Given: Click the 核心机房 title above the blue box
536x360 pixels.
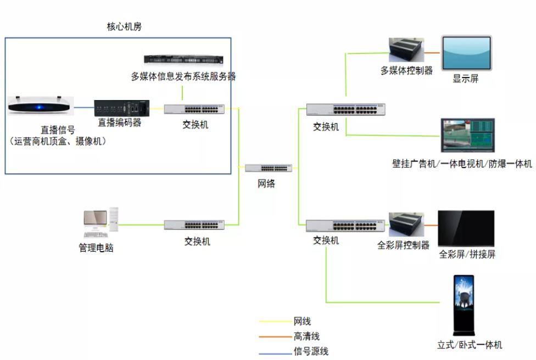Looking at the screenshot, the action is (x=124, y=27).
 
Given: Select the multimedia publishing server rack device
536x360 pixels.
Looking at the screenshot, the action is (x=183, y=59).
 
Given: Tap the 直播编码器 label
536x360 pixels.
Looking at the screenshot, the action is (x=120, y=123).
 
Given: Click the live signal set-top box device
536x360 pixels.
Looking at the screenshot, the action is (x=41, y=105).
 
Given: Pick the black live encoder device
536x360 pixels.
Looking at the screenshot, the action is (x=122, y=108).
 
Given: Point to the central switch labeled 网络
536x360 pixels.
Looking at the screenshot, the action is (x=269, y=168).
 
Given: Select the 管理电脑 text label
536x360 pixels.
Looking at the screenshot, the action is (x=96, y=248).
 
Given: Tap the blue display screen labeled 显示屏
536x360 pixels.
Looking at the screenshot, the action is (x=467, y=53).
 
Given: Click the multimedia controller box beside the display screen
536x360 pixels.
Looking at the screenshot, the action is (x=406, y=50).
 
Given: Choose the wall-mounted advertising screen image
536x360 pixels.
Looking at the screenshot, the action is (x=468, y=135).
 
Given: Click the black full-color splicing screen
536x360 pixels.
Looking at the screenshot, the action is (x=466, y=228).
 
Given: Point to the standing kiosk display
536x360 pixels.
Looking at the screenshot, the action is (x=464, y=305).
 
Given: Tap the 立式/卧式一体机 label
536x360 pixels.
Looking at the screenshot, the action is (x=470, y=345).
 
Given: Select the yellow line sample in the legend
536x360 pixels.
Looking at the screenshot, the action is (x=275, y=322).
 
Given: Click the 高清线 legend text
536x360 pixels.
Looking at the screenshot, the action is (x=306, y=336).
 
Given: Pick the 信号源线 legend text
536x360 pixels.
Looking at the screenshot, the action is (x=311, y=351).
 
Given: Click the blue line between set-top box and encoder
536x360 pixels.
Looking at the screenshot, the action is (x=83, y=108).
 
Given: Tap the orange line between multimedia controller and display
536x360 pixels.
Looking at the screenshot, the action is (x=432, y=53).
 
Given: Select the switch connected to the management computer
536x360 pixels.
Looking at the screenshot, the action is (x=194, y=225).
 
